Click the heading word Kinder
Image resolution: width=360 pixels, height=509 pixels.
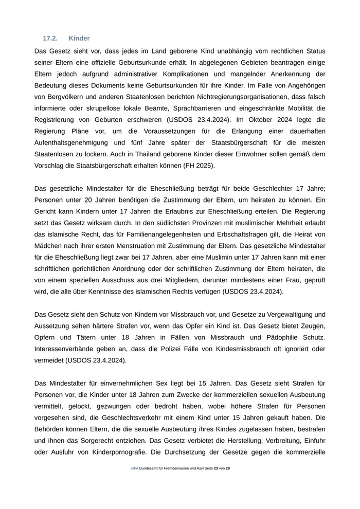click(79, 38)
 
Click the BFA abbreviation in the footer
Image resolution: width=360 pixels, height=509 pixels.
click(135, 469)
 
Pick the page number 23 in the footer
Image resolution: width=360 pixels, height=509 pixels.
click(216, 469)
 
